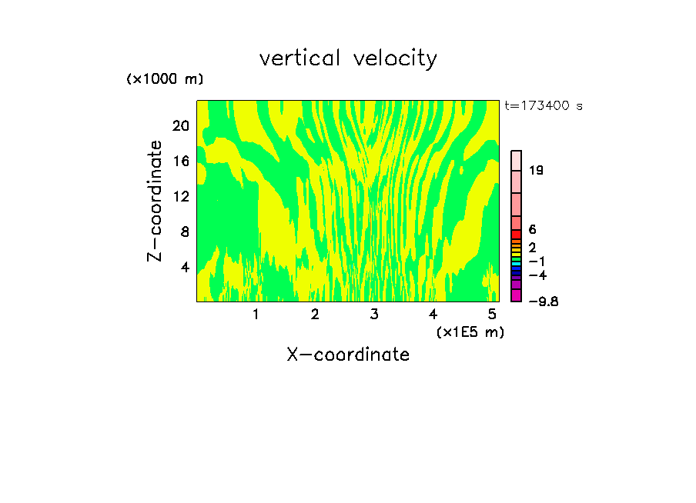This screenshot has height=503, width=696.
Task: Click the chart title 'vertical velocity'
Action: click(348, 58)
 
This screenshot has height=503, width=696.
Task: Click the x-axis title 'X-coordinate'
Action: click(348, 355)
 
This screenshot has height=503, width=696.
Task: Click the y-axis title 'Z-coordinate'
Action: click(156, 201)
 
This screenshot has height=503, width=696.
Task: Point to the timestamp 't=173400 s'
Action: click(544, 105)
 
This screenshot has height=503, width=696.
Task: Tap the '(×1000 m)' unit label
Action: click(165, 79)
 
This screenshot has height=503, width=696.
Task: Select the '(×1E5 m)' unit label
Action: click(470, 331)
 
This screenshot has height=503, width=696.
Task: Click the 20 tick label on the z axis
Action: click(180, 125)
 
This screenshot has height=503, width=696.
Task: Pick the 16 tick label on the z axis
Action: click(180, 161)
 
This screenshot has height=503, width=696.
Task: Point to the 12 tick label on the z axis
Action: click(180, 196)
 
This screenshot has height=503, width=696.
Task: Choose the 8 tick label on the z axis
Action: click(185, 232)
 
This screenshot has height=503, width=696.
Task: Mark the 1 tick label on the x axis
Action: click(256, 314)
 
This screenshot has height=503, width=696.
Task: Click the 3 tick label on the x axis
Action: click(373, 314)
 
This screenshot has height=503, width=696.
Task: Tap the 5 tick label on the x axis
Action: click(492, 314)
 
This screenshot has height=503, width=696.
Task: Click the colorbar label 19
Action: click(537, 170)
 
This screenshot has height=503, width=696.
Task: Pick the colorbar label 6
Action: click(533, 230)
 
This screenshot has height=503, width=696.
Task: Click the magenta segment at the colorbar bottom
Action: click(517, 295)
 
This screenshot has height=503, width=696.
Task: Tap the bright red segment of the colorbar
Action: click(517, 235)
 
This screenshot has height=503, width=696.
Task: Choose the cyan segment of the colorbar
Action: click(517, 263)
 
